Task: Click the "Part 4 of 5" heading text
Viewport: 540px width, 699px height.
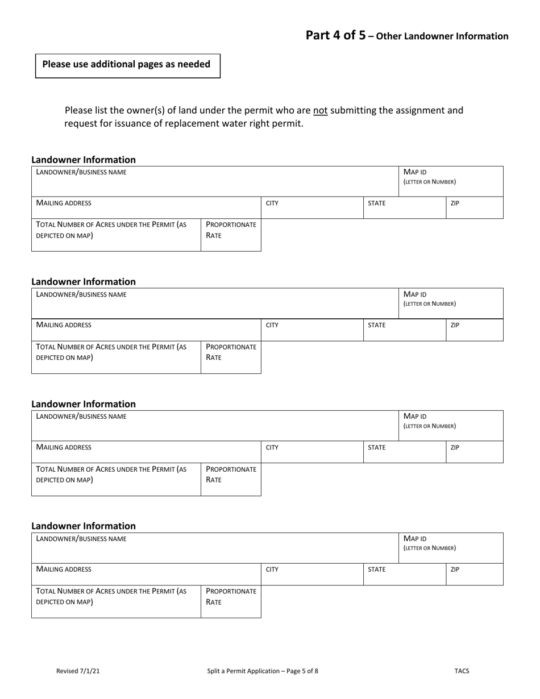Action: pos(335,35)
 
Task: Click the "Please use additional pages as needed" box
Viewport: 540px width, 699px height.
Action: pos(127,65)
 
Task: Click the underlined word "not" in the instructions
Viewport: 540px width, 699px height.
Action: pos(320,110)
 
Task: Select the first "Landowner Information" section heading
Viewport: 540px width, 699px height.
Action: pos(84,160)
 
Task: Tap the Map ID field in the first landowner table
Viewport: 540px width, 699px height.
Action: pos(450,181)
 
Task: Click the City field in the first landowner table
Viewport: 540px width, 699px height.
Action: pos(312,208)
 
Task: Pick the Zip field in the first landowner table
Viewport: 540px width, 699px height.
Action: pos(474,208)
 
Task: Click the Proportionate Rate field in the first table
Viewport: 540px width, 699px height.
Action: pos(231,235)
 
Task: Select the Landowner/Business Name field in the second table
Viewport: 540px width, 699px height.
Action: pos(215,303)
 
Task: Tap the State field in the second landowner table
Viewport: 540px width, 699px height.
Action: pos(404,330)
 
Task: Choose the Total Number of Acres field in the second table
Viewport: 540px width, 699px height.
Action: pos(116,357)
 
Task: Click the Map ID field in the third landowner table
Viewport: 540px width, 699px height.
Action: pos(450,426)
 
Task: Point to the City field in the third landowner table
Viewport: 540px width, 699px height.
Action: pos(312,452)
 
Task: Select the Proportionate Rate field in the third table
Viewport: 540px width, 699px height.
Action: pos(231,480)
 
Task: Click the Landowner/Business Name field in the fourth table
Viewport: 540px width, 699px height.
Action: pos(215,548)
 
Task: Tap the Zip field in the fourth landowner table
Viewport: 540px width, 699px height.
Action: pos(474,575)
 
